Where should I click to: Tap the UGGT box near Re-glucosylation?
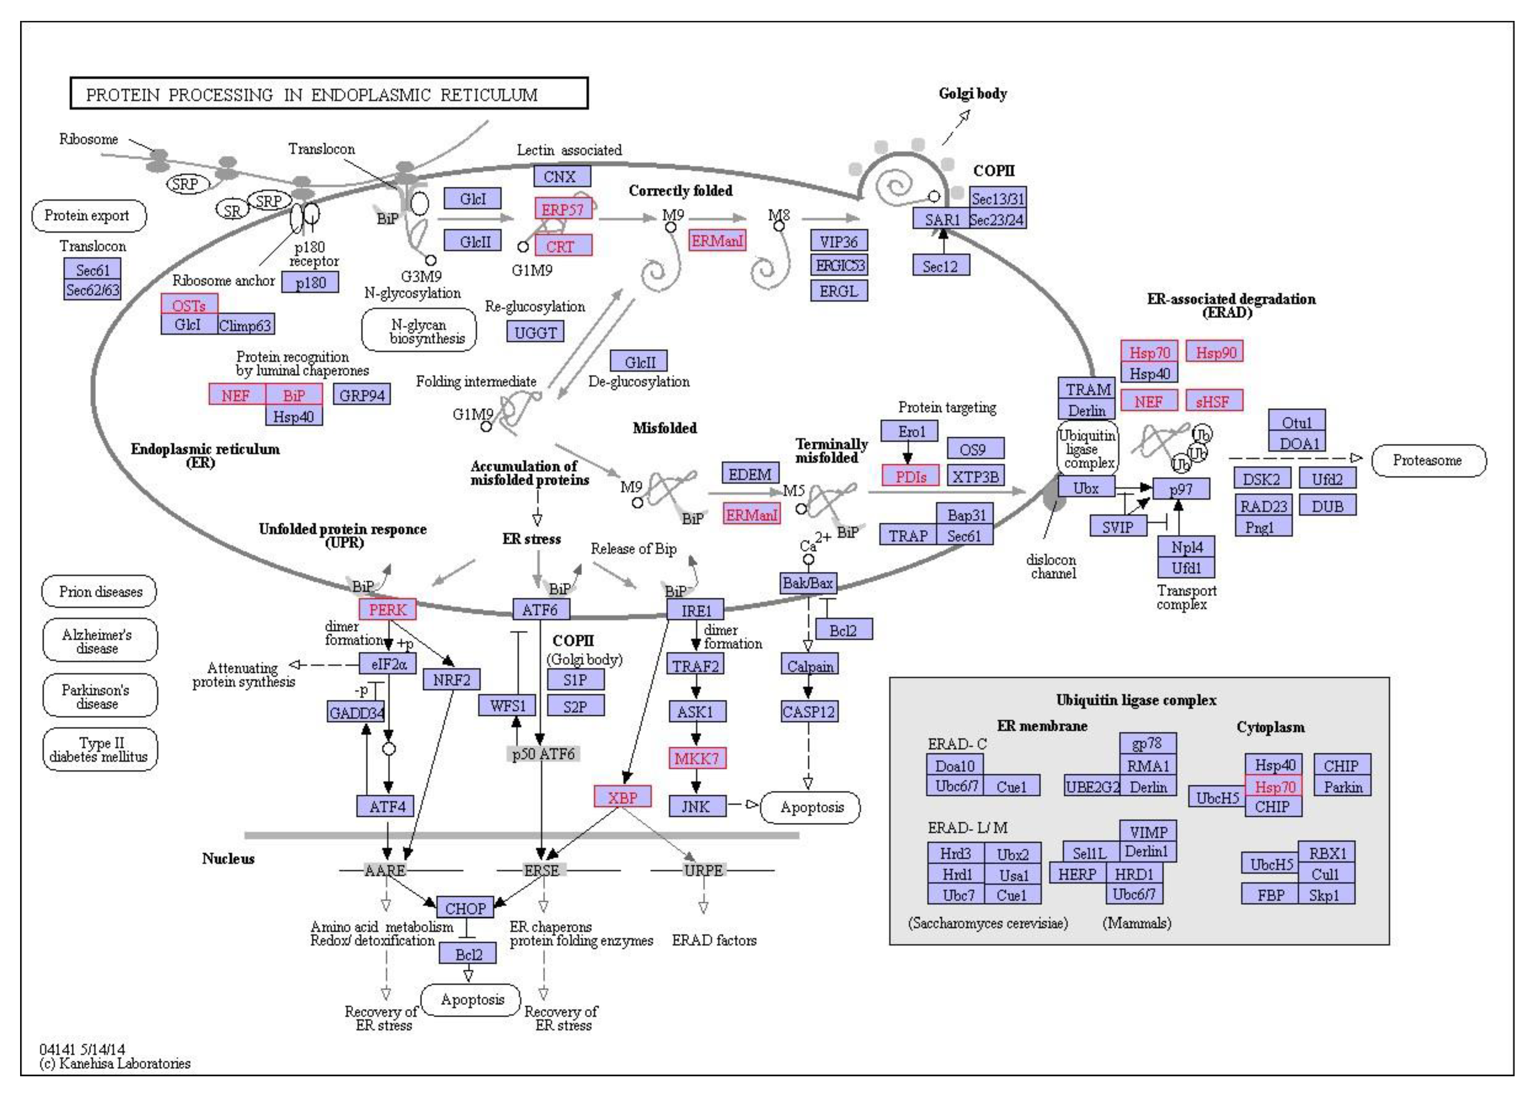tap(535, 332)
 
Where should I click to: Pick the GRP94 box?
tap(362, 395)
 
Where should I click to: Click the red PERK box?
tap(387, 609)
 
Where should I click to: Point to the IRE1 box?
tap(695, 611)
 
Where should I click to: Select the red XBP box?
tap(622, 797)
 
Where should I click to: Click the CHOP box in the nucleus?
tap(465, 907)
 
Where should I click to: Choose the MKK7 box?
tap(696, 758)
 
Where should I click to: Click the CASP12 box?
tap(809, 711)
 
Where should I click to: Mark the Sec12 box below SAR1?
tap(940, 266)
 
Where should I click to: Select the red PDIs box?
tap(910, 476)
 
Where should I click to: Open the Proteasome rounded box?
tap(1428, 461)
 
